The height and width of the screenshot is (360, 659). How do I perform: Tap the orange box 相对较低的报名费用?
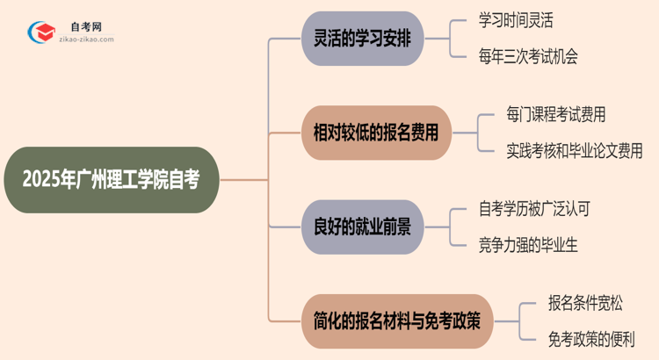376,133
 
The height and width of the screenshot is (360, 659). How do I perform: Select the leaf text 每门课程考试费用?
555,114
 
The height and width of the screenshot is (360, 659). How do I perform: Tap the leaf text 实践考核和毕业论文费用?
575,151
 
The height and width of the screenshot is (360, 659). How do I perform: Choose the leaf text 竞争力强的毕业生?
529,245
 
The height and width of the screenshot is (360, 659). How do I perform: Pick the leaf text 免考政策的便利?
590,338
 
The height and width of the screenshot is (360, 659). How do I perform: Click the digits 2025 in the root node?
41,179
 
